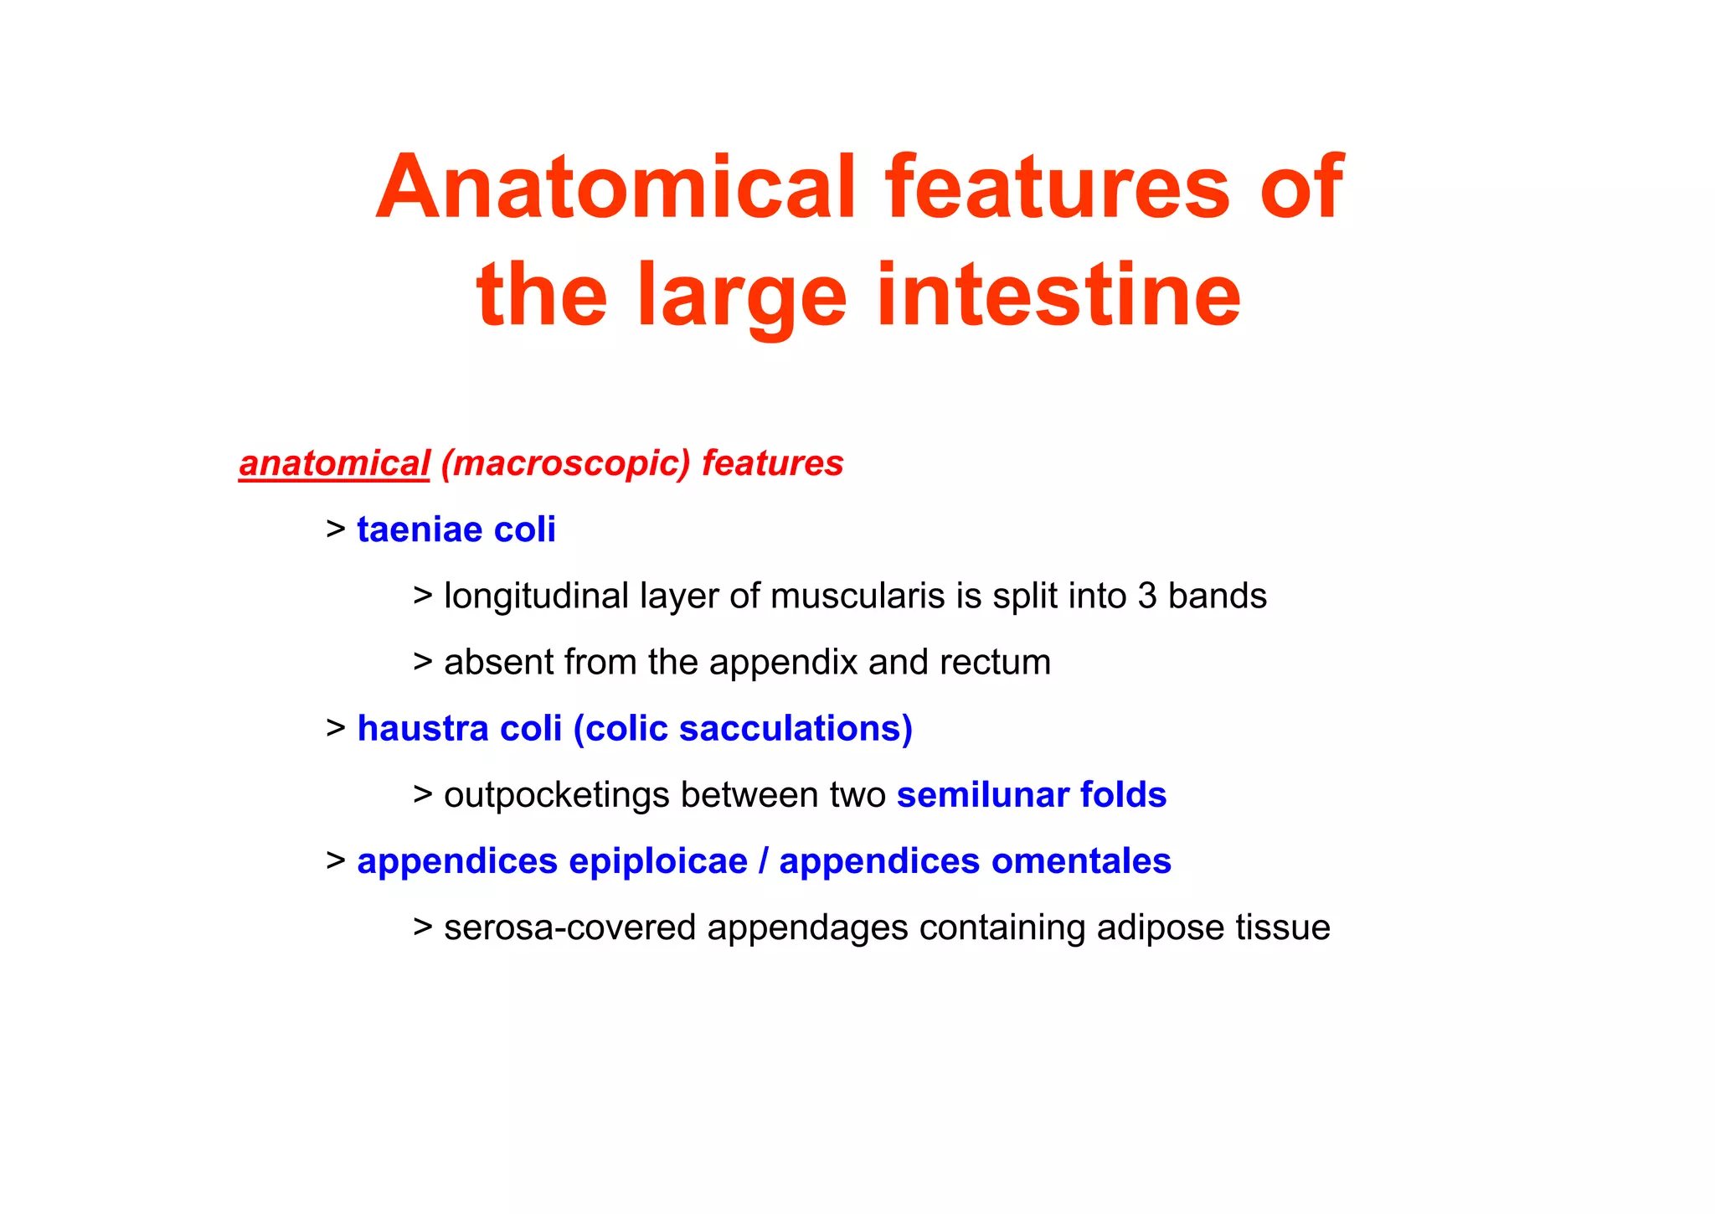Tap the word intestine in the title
(x=1058, y=295)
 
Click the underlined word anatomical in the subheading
(x=334, y=464)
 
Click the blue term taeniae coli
(x=456, y=530)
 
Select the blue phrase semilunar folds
(x=1031, y=795)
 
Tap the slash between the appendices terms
(x=764, y=862)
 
